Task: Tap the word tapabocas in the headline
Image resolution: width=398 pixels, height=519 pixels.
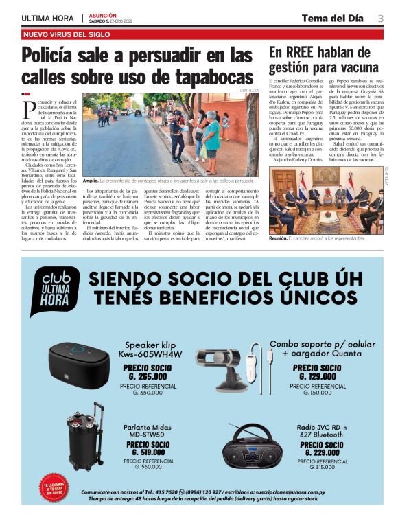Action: coord(210,76)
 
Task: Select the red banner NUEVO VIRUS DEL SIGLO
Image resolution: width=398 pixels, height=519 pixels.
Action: coord(67,34)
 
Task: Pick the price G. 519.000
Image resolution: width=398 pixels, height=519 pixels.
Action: coord(148,452)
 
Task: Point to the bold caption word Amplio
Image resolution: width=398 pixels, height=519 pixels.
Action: coord(90,181)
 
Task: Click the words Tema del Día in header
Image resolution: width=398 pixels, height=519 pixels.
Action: coord(332,18)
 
